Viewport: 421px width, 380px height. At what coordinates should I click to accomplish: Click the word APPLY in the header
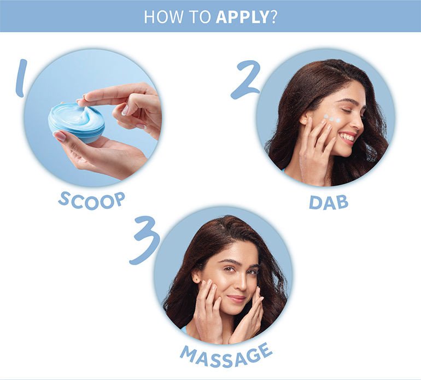tap(242, 16)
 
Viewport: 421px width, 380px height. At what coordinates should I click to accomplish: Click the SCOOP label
tap(92, 201)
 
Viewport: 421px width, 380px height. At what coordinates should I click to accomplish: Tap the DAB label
tap(329, 202)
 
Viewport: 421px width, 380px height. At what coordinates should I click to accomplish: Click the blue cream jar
tap(76, 122)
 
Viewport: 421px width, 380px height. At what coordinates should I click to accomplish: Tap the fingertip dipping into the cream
tap(79, 102)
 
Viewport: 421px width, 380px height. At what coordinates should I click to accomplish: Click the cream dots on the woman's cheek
tap(331, 118)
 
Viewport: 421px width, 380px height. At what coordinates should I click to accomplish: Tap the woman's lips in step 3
tap(237, 299)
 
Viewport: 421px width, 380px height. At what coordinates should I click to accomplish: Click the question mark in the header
tap(273, 17)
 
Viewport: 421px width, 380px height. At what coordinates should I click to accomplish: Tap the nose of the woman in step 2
tap(359, 121)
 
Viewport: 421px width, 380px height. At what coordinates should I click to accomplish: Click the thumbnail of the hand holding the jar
tap(60, 136)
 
